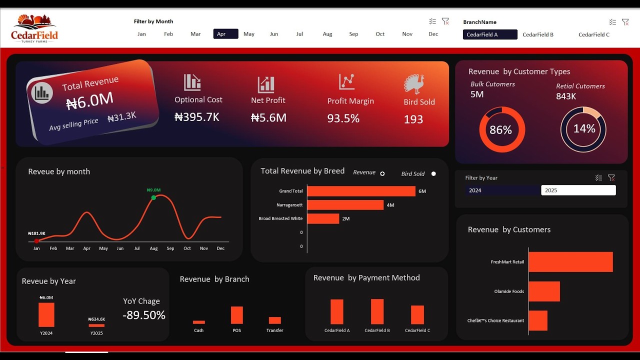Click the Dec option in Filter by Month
433,34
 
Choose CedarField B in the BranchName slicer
537,34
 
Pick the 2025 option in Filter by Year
578,190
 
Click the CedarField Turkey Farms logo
34,28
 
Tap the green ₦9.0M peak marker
153,197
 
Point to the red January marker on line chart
36,241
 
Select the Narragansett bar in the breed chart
345,205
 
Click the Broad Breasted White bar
323,218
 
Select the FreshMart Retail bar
570,262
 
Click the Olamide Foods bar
544,291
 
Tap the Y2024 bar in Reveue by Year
46,315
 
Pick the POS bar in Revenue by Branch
236,315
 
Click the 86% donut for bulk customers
501,130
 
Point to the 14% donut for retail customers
583,129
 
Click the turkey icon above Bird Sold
414,84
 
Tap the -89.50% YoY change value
143,315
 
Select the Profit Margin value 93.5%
343,118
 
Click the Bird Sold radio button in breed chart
433,174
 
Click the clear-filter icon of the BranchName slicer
625,22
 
